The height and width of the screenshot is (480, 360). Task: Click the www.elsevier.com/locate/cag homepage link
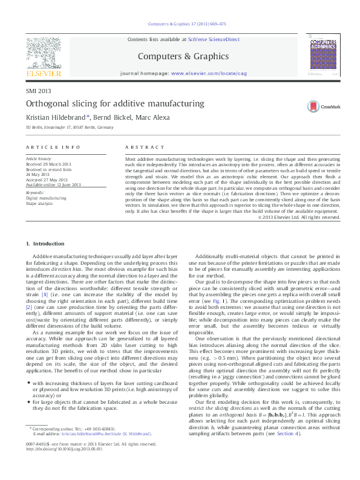209,73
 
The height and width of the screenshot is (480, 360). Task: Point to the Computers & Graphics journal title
184,56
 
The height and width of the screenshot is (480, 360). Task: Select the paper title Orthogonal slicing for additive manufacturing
115,103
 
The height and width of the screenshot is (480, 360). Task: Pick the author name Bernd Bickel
115,117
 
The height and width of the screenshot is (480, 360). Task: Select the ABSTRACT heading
145,147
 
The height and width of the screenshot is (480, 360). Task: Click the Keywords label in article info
35,192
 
